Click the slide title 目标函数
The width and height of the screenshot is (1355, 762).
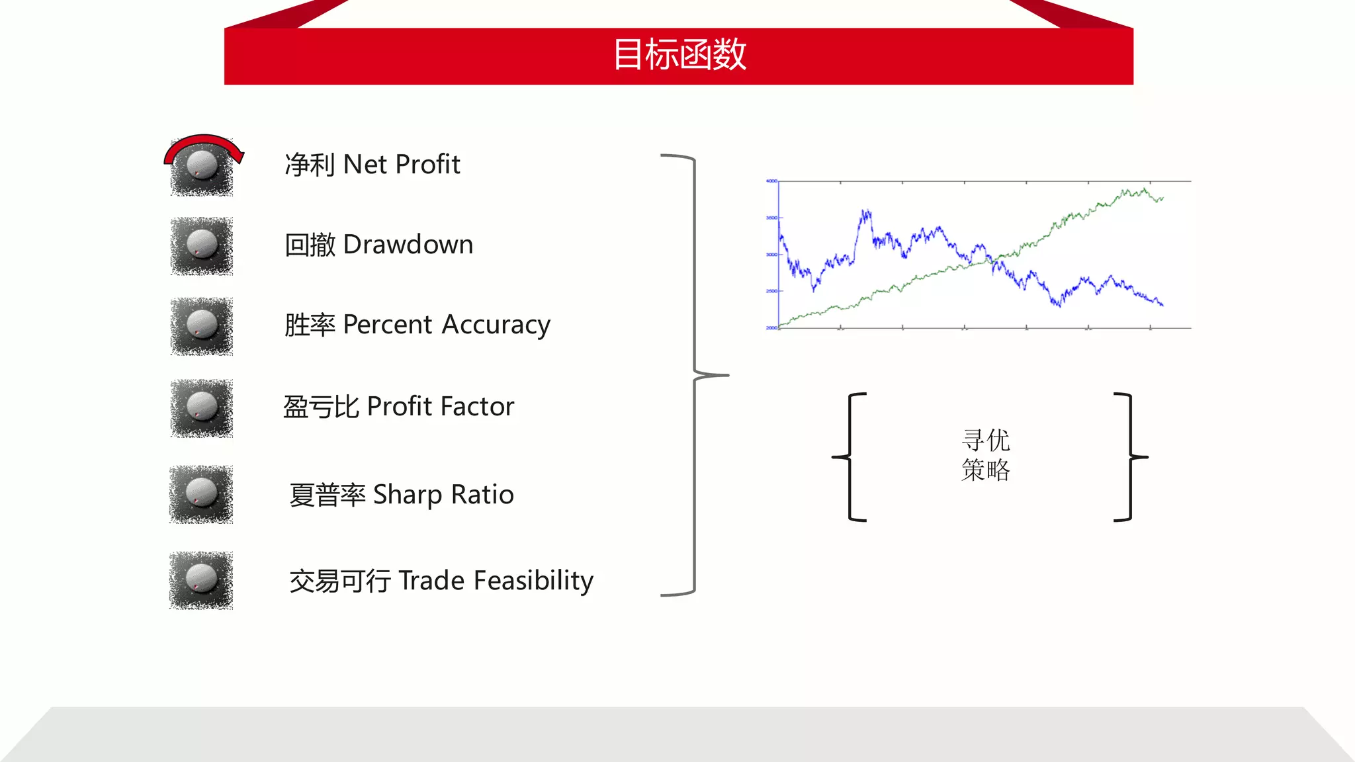pos(679,55)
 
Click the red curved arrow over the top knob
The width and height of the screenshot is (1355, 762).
pos(204,142)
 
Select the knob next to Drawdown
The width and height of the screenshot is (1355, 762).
pos(202,245)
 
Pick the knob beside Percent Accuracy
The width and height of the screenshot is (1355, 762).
pos(202,325)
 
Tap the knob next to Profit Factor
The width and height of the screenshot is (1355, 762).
pos(202,407)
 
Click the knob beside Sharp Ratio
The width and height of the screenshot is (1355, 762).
pos(201,493)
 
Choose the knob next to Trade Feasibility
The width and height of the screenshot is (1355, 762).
pos(201,579)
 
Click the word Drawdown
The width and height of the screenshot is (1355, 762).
pos(408,245)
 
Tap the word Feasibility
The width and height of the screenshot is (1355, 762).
pos(533,581)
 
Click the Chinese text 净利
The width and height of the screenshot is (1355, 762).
pos(310,165)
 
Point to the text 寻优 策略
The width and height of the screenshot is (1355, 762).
pos(985,455)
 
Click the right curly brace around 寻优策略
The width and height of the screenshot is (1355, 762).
pos(1131,456)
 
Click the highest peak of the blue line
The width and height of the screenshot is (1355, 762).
pos(865,211)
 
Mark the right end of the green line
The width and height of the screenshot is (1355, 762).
pos(1162,197)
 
